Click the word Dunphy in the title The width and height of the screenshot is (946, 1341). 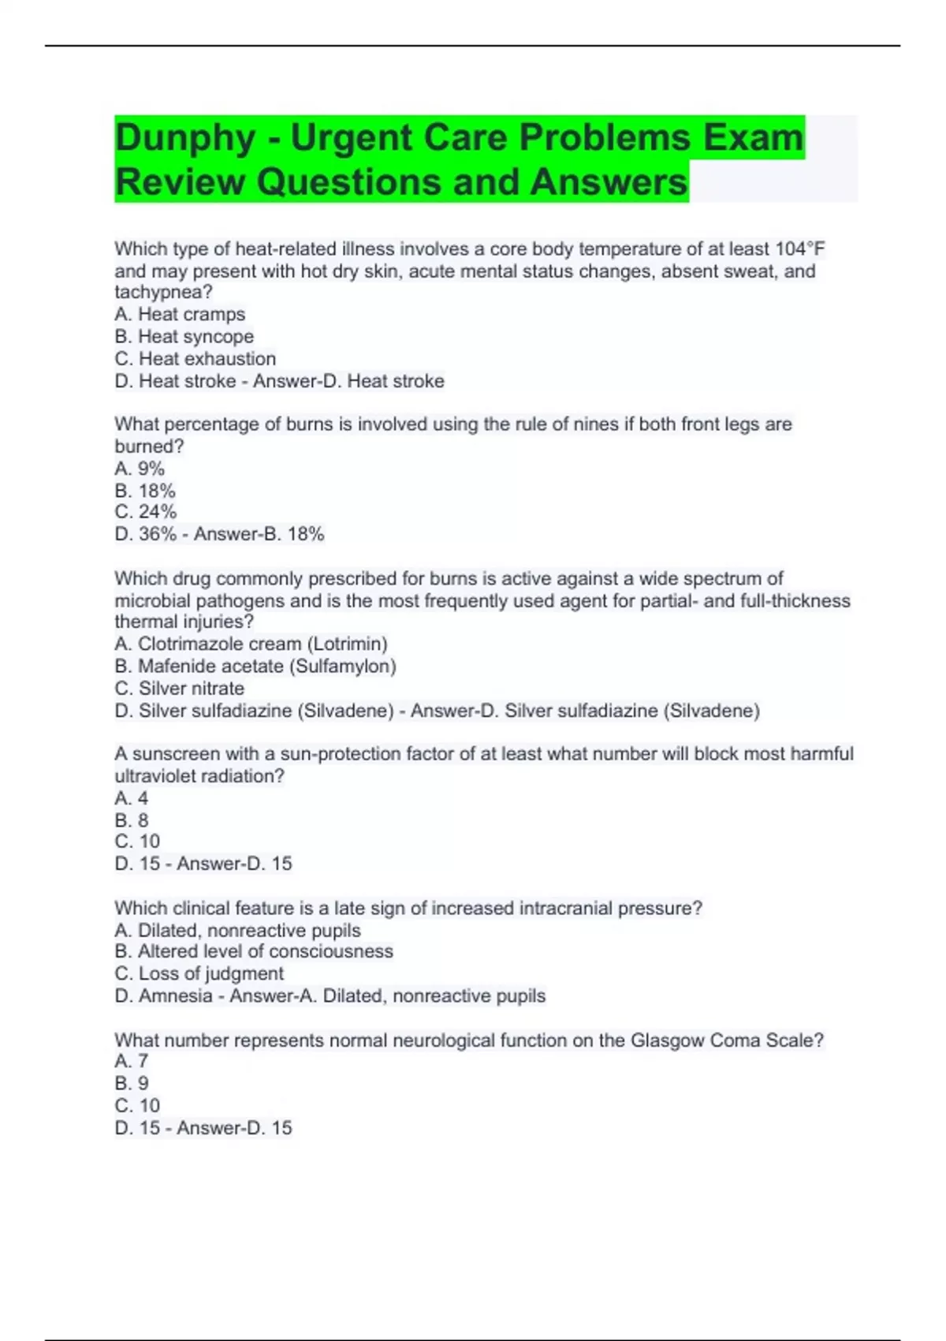point(185,138)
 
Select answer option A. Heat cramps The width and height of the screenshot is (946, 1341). point(180,314)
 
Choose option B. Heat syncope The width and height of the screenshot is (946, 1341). point(184,336)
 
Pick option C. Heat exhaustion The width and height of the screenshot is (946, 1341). point(195,358)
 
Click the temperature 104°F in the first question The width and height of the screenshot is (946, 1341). point(799,249)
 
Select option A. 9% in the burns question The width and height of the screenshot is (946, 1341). point(140,468)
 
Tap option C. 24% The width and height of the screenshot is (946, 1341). point(145,512)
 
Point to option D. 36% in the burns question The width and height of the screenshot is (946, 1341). point(146,534)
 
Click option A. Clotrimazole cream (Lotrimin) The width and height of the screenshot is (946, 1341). point(251,644)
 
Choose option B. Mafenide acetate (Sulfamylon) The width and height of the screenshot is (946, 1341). point(255,666)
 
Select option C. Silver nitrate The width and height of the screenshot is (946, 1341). point(179,688)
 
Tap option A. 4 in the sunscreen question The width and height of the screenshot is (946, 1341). point(131,798)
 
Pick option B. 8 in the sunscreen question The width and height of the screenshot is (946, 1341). point(131,820)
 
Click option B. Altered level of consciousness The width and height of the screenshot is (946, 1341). point(253,951)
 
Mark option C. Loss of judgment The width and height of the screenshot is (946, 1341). point(199,973)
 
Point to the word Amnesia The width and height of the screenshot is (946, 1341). point(175,995)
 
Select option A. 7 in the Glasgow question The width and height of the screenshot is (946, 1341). point(131,1061)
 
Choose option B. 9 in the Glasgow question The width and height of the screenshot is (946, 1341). point(131,1083)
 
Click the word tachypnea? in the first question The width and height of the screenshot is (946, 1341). point(163,292)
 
